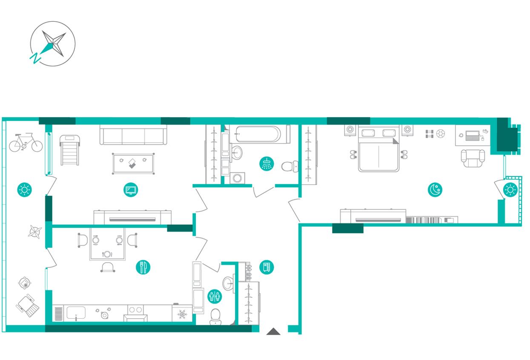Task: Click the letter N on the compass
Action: (35, 58)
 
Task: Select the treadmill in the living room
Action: (70, 150)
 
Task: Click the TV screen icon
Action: (131, 190)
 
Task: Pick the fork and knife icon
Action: (143, 267)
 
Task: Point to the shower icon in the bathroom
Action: (266, 164)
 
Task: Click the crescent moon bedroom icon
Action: (435, 190)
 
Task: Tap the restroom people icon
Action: (215, 296)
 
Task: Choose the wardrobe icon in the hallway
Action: (266, 267)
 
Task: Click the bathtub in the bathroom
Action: (260, 134)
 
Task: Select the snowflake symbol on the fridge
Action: (182, 314)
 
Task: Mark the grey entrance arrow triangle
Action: (274, 331)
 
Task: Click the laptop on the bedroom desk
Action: (472, 135)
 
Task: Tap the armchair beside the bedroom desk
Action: (473, 158)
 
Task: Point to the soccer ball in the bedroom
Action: (441, 134)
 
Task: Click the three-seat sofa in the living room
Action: (133, 135)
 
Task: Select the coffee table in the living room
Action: (133, 164)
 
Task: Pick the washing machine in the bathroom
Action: (237, 178)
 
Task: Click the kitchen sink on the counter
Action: (76, 313)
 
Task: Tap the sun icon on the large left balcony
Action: (25, 190)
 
